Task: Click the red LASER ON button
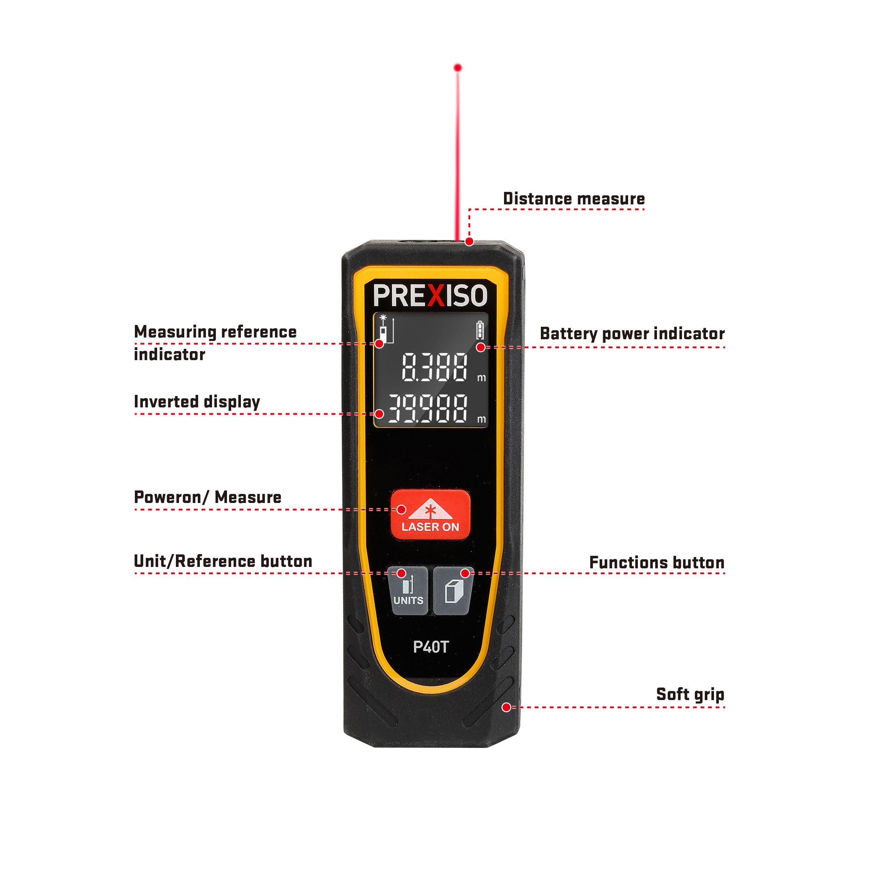pos(430,515)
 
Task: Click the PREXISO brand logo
pos(430,295)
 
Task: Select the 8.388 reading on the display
pos(434,367)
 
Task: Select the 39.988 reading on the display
pos(428,408)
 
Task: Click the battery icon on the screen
pos(481,331)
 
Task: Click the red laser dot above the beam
pos(458,68)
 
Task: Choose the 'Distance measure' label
pos(574,198)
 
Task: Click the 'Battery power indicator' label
pos(632,334)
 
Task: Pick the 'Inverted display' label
pos(197,402)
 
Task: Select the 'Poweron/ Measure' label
pos(208,497)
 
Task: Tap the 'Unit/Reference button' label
pos(223,561)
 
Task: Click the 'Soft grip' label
pos(690,694)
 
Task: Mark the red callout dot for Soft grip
pos(506,707)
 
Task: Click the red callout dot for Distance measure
pos(469,242)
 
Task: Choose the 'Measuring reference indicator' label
pos(216,343)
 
